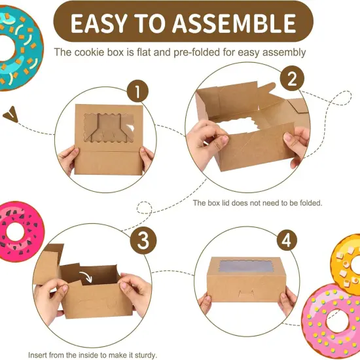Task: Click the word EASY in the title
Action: tap(99, 24)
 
